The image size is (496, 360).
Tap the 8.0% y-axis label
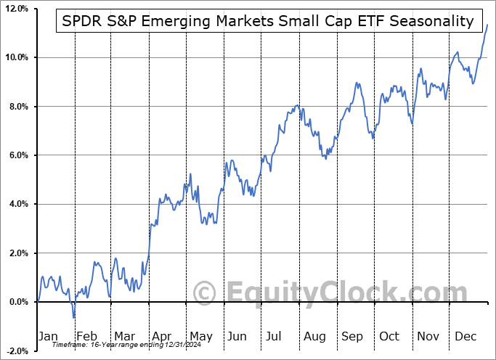point(18,107)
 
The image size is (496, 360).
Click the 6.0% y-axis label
point(18,155)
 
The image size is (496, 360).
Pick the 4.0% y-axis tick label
point(18,204)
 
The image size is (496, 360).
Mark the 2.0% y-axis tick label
point(18,253)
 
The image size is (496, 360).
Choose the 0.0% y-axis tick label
point(18,302)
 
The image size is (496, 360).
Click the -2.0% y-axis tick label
point(17,351)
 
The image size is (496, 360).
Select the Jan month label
point(47,337)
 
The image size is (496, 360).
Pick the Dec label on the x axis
point(465,337)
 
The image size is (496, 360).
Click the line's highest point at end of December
point(487,25)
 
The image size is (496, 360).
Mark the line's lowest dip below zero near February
point(74,317)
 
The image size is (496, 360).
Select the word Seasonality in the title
point(434,22)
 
